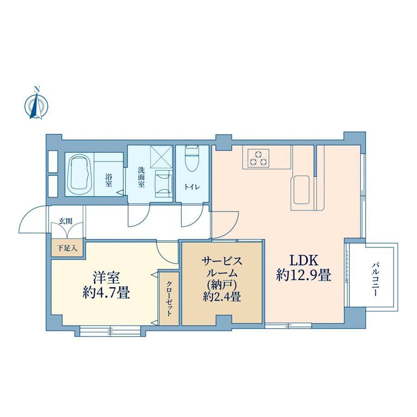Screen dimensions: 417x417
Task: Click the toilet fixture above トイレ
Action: [191, 158]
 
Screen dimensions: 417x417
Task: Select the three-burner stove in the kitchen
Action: [258, 158]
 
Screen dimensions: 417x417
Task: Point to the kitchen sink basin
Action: [301, 189]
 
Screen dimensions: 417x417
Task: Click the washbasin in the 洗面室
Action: [164, 184]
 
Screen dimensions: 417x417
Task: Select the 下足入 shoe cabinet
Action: [68, 248]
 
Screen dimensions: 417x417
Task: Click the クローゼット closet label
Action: [169, 299]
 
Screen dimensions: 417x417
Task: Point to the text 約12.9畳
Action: [304, 275]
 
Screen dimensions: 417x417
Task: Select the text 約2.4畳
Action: [222, 296]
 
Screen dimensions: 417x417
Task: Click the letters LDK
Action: [304, 261]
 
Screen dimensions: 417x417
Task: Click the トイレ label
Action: [192, 187]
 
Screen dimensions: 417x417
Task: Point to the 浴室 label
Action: [108, 180]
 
